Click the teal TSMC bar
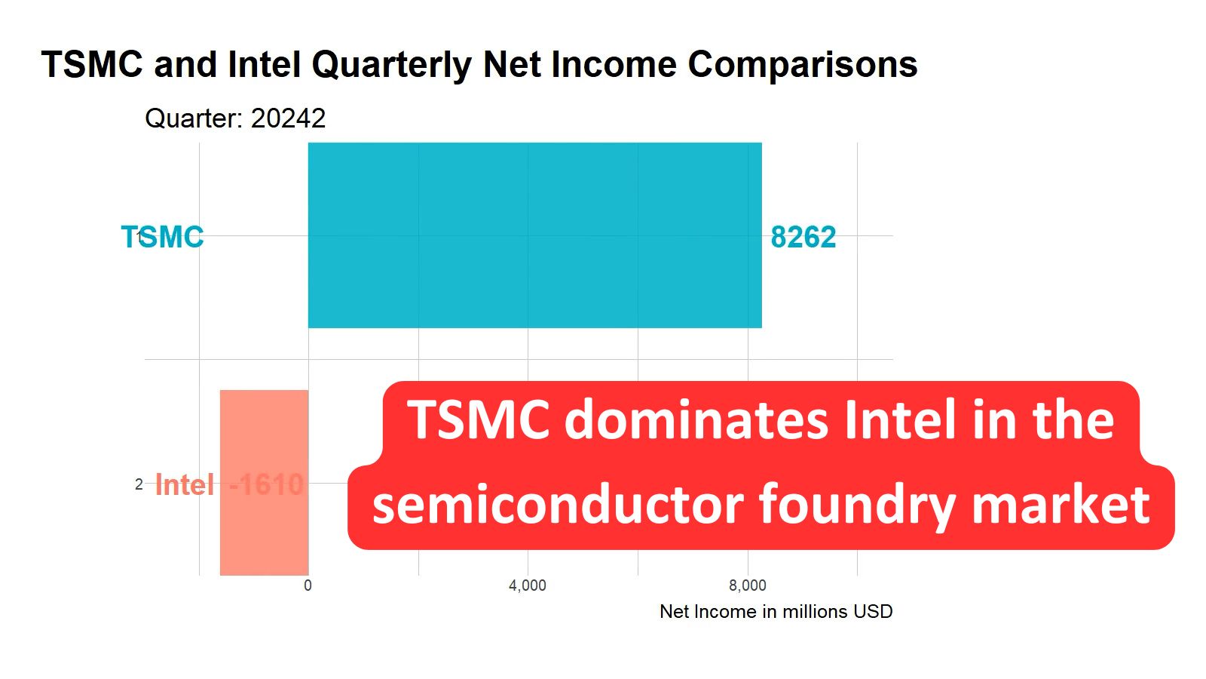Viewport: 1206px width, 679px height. [x=534, y=235]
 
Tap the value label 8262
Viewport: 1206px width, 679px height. [x=803, y=237]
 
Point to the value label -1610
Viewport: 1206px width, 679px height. [x=266, y=484]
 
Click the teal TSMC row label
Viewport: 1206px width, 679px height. [x=163, y=237]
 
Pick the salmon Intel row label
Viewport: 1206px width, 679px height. [x=185, y=484]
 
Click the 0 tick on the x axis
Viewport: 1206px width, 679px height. [x=308, y=585]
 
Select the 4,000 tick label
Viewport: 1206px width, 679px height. [x=527, y=585]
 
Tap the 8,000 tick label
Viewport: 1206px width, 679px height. [x=747, y=585]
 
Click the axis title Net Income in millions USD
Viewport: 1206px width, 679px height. [x=776, y=611]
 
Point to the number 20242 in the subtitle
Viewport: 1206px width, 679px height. [x=288, y=118]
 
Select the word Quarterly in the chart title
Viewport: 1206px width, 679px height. [x=391, y=65]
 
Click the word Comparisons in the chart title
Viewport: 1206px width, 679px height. [x=802, y=65]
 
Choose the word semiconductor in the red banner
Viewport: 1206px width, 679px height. [x=557, y=504]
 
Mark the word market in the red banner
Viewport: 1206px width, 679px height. [x=1061, y=504]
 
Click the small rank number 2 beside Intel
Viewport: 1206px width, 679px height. [x=139, y=484]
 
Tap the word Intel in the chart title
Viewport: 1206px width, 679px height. [x=265, y=65]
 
